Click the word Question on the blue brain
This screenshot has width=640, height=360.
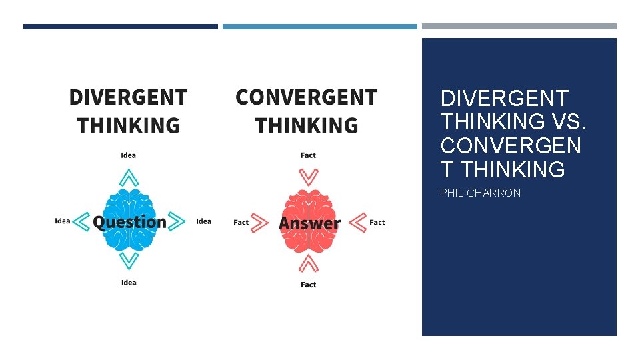tap(129, 222)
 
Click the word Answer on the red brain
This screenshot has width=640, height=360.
tap(309, 223)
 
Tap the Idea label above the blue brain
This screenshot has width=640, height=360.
tap(129, 155)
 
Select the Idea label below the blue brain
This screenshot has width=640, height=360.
tap(129, 283)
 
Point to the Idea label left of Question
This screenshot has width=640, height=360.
tap(63, 221)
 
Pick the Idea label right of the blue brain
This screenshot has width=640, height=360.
tap(204, 221)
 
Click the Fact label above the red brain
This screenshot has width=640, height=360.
tap(308, 155)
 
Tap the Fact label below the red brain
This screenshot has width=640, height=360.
tap(308, 285)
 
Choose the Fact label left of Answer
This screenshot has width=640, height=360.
tap(241, 223)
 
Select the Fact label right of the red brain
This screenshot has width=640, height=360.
tap(377, 223)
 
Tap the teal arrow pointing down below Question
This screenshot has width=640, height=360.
tap(129, 261)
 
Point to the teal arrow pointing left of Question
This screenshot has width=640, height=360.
tap(81, 221)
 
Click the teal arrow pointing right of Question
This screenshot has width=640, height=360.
tap(177, 221)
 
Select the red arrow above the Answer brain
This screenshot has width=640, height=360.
tap(308, 177)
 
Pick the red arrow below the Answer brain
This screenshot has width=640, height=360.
tap(308, 264)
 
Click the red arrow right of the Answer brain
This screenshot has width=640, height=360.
tap(358, 222)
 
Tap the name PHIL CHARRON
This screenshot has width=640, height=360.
tap(480, 193)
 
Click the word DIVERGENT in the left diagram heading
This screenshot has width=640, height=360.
tap(128, 97)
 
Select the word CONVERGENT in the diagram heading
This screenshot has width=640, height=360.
tap(307, 97)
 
